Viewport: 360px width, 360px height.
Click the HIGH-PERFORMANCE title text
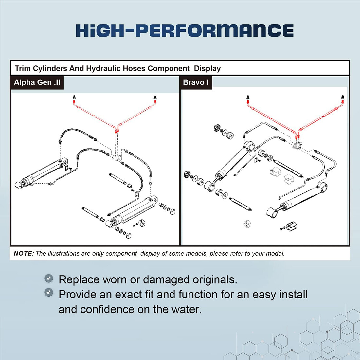(x=184, y=30)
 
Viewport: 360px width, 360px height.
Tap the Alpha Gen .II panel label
(x=37, y=82)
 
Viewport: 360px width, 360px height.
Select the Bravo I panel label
(x=195, y=82)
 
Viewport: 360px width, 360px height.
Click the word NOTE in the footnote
(x=24, y=254)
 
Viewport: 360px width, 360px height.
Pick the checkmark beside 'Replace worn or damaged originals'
(x=49, y=279)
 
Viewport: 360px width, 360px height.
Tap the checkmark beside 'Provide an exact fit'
(x=49, y=292)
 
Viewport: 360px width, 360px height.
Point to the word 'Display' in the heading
(x=207, y=69)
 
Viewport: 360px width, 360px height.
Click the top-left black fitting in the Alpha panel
(x=74, y=97)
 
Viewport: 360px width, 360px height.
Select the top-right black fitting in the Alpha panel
(x=155, y=97)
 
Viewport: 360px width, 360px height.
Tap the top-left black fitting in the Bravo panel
(x=248, y=97)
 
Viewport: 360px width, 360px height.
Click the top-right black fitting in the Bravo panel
(x=342, y=97)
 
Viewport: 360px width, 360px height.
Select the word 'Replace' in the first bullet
(x=79, y=280)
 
